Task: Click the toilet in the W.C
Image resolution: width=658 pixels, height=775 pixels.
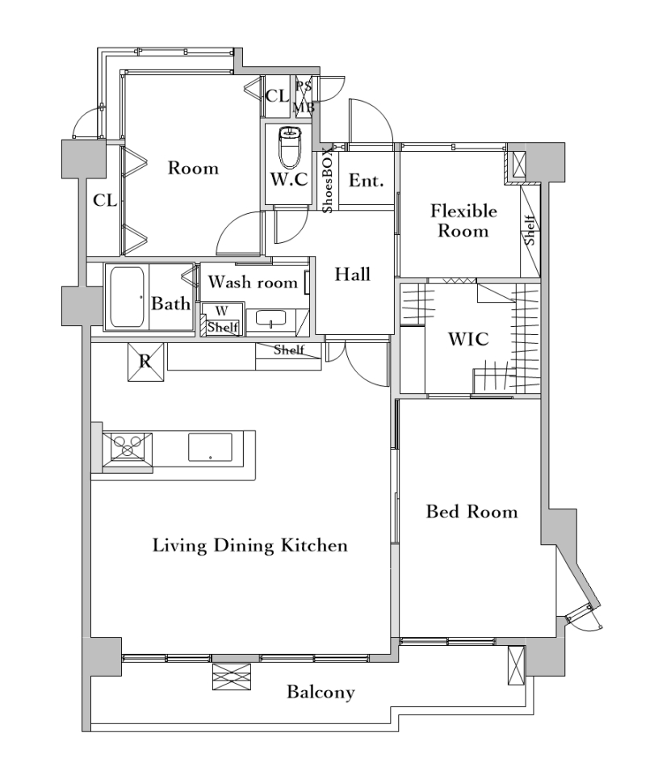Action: pos(290,147)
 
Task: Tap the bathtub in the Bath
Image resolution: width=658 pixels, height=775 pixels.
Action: pos(127,297)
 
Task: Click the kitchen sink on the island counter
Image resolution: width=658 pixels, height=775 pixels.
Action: pos(210,446)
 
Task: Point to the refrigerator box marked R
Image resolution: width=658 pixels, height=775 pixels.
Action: pos(145,362)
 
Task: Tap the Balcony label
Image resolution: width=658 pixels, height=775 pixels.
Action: pos(321,692)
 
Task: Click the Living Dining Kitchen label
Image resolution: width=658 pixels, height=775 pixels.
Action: pos(250,546)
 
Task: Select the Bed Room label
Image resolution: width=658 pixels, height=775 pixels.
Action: pos(471,511)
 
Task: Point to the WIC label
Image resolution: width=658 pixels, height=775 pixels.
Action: pos(468,339)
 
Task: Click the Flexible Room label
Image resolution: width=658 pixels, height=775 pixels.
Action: pos(463,221)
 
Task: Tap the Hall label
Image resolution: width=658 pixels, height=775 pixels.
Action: pos(353,274)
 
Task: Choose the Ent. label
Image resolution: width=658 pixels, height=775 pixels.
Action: pos(367,180)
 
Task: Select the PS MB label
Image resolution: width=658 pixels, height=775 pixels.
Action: pos(304,97)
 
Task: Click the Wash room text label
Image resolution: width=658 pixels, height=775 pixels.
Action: pos(254,283)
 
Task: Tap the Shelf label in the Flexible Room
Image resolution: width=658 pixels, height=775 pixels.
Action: pos(530,230)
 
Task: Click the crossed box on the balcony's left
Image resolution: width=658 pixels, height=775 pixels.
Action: pos(232,677)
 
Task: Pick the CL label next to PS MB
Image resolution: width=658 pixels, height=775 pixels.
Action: pos(278,96)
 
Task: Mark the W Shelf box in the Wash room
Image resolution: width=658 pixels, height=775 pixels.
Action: pos(223,320)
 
